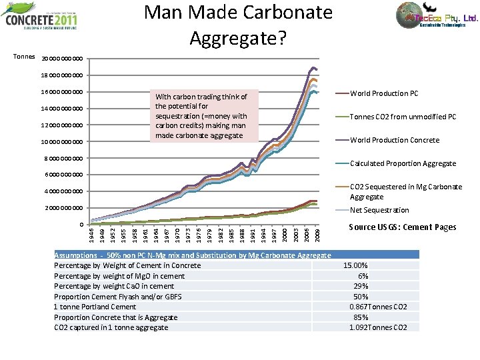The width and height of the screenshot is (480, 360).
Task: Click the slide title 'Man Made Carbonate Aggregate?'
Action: coord(238,25)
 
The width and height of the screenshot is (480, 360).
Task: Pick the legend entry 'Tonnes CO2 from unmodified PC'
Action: coord(403,117)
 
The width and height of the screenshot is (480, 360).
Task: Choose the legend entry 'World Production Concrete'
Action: coord(394,140)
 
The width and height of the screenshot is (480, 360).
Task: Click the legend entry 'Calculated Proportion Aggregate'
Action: coord(403,163)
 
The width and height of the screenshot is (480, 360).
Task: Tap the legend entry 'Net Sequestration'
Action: coord(379,210)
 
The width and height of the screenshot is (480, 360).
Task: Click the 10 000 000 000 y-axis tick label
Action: coord(63,141)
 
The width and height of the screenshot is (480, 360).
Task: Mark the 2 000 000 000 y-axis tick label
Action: coord(65,208)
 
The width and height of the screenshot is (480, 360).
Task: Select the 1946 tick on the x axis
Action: coord(92,235)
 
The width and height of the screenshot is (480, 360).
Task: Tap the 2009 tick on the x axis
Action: coord(317,235)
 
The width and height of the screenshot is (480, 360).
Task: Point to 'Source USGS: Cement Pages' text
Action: coord(403,227)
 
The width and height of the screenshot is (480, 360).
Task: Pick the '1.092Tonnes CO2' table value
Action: coord(378,327)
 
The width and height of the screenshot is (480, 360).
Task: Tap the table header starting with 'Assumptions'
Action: coord(192,255)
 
